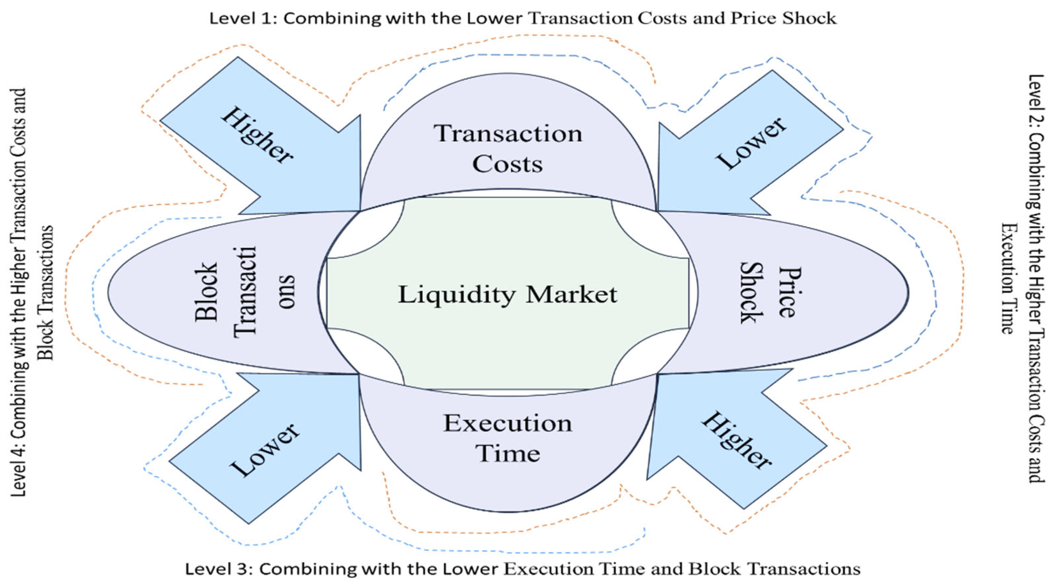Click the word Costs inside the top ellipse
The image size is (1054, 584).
(507, 164)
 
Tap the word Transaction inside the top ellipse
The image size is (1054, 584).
(508, 134)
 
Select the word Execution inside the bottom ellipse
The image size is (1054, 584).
(507, 423)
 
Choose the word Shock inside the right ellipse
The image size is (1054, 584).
(752, 293)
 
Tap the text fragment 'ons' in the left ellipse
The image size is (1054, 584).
(287, 292)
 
